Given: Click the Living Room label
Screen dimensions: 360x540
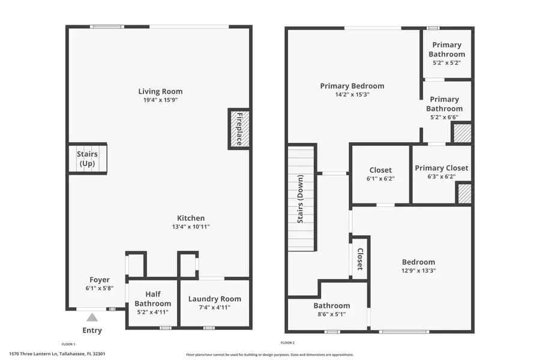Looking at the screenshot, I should (160, 91).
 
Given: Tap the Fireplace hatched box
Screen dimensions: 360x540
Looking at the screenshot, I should (239, 129).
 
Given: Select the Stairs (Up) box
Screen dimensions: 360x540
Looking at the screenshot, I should (87, 159).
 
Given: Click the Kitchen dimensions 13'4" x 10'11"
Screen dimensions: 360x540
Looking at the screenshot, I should (191, 227).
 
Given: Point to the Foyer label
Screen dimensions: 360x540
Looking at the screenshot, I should (99, 280).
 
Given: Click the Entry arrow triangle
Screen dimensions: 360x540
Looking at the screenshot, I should (92, 317).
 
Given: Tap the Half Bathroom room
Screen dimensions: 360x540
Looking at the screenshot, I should (152, 304).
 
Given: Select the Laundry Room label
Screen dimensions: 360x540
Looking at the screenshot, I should (215, 299).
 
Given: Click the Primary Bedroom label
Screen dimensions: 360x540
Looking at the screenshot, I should (352, 86).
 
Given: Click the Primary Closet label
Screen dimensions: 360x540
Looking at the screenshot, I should (442, 168).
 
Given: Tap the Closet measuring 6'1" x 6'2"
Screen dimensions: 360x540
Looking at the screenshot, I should (380, 174).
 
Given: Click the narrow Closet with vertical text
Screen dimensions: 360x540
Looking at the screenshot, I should (360, 259).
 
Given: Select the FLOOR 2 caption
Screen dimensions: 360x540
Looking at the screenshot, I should (287, 344).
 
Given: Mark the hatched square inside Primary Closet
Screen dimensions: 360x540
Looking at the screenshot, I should (463, 194).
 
